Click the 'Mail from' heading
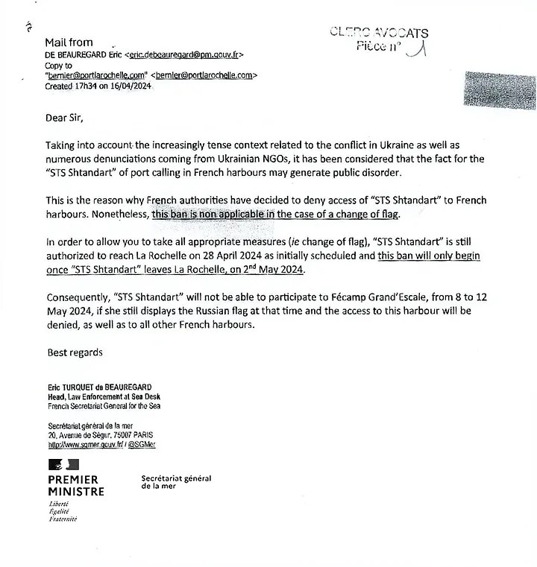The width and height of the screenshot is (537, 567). pyautogui.click(x=69, y=42)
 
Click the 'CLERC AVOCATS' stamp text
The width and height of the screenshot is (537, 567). pyautogui.click(x=379, y=33)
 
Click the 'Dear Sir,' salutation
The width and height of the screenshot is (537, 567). pyautogui.click(x=66, y=118)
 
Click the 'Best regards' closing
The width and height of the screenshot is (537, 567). pyautogui.click(x=75, y=352)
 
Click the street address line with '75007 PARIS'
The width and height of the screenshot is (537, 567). pyautogui.click(x=101, y=435)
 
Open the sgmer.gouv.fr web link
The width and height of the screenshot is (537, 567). pyautogui.click(x=85, y=444)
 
